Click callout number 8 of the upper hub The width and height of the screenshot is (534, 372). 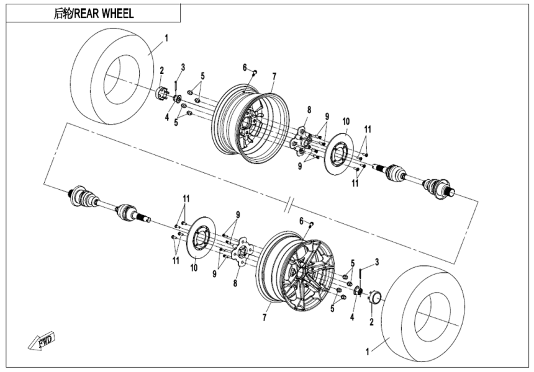pos(307,110)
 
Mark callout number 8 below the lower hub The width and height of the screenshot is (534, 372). pos(235,283)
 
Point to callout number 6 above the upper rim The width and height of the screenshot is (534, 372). pos(245,67)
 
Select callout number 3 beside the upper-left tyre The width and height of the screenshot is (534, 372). pos(183,66)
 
